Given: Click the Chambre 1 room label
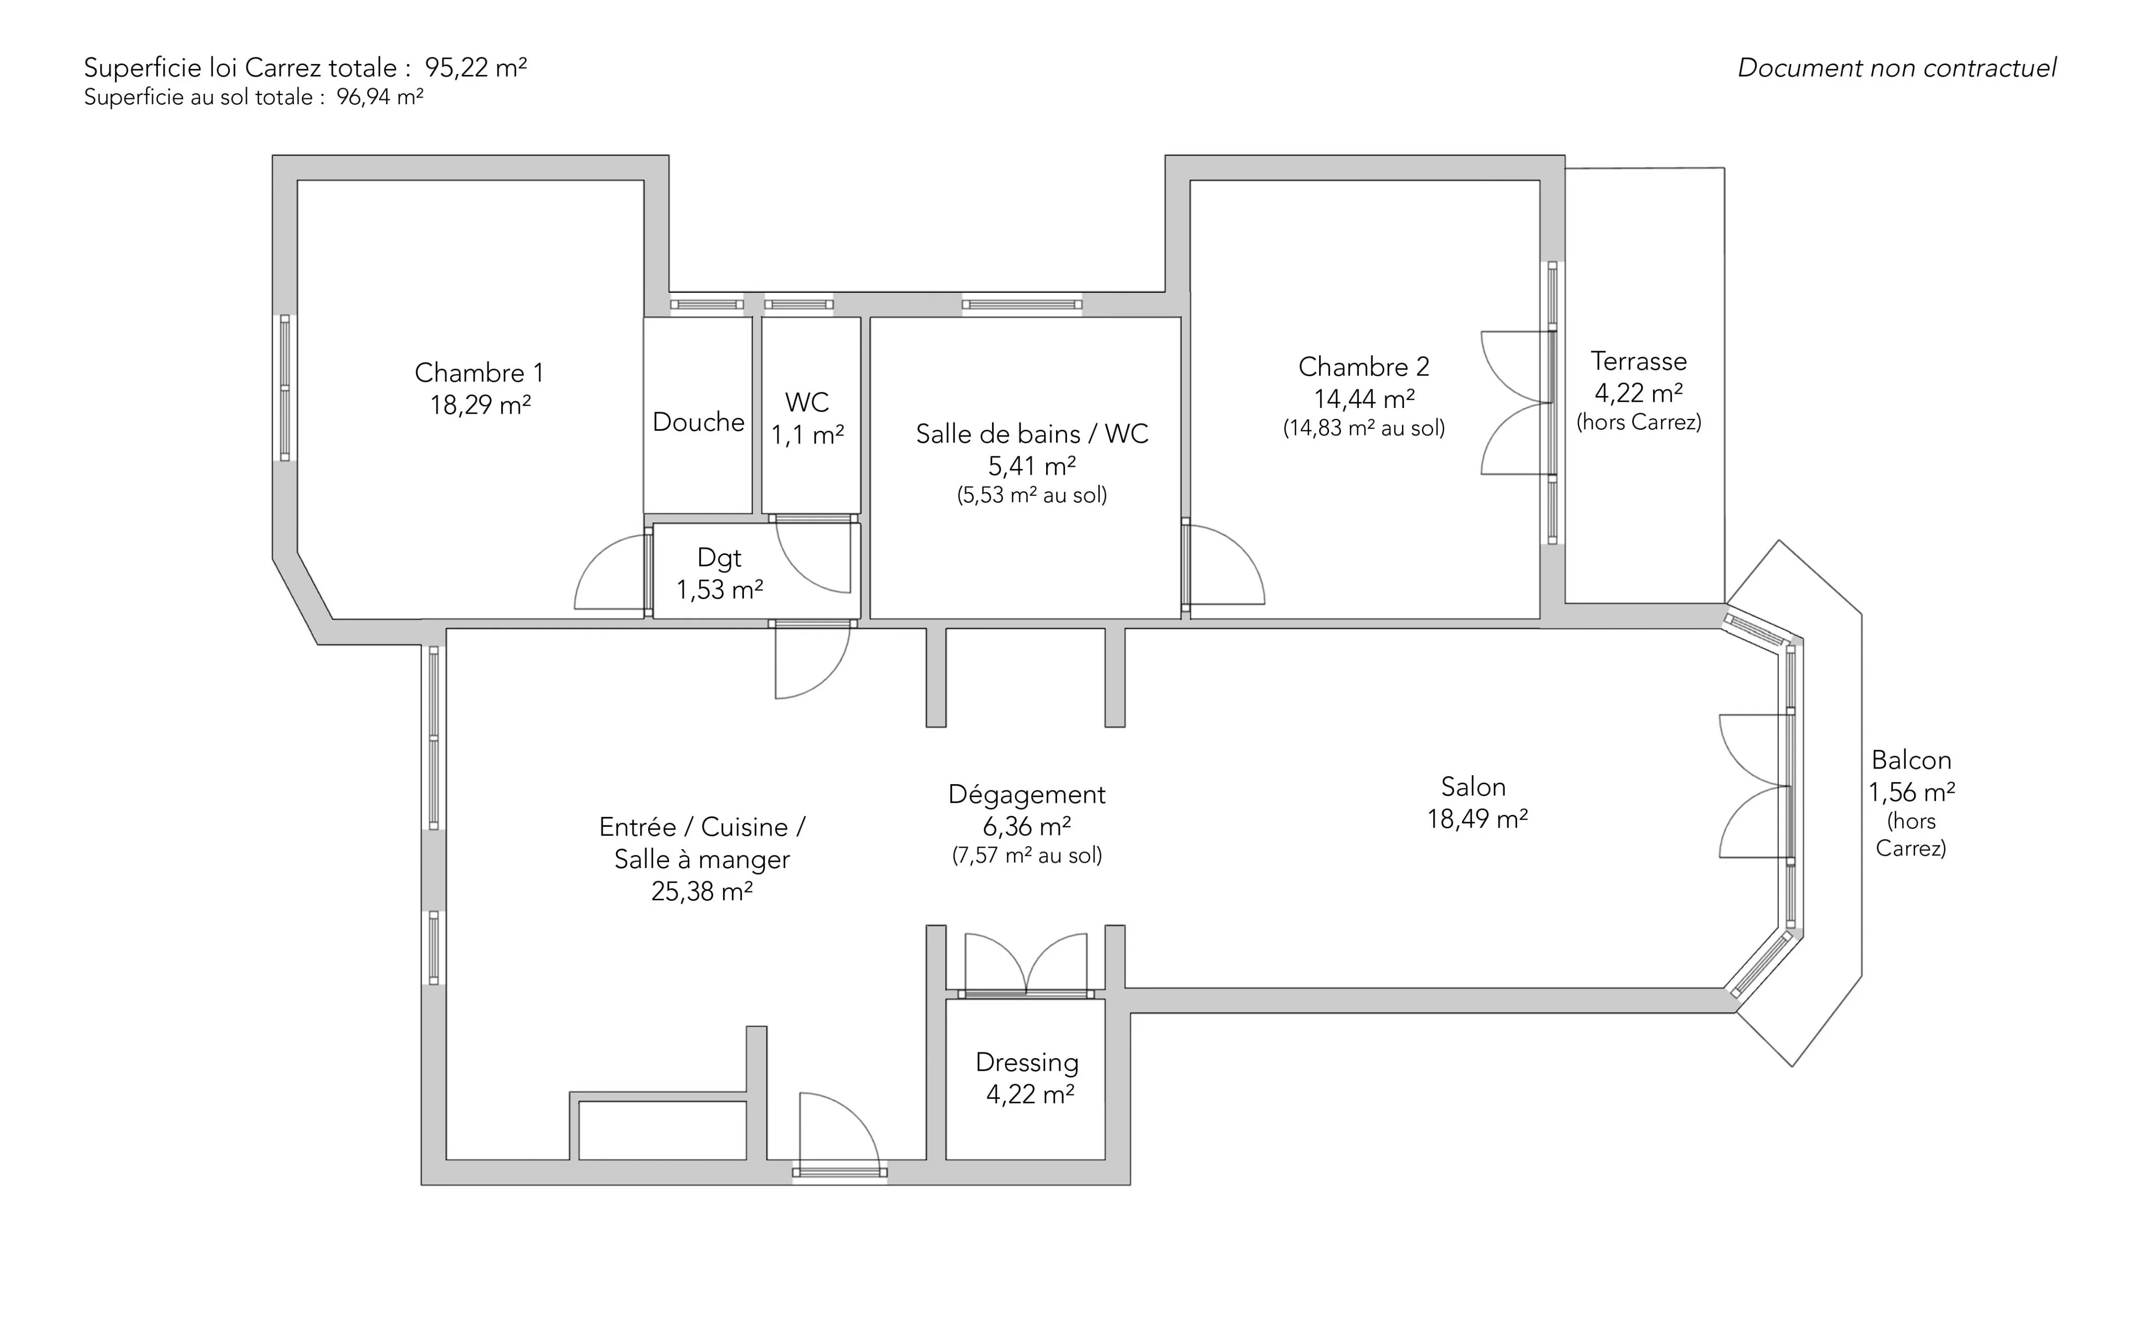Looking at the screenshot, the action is [x=479, y=373].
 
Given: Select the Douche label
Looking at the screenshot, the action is [x=698, y=422].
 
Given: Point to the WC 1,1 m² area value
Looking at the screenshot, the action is [x=808, y=435].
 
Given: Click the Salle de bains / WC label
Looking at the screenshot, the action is [x=1032, y=435].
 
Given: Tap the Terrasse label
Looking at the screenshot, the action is [x=1639, y=362].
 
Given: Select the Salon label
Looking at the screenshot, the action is [x=1473, y=787].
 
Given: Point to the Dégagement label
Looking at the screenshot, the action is [x=1027, y=795].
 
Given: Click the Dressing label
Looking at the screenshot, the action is [x=1027, y=1063].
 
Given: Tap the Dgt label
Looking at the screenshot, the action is [x=719, y=559].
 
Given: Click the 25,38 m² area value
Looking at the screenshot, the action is [x=702, y=891].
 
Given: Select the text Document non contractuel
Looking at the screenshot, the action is [x=1896, y=68].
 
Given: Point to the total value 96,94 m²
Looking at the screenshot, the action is [x=379, y=97].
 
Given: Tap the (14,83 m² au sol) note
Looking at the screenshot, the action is [x=1364, y=429].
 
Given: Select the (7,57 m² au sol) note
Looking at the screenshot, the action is [x=1027, y=856].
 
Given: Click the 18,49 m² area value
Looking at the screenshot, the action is [x=1478, y=820].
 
